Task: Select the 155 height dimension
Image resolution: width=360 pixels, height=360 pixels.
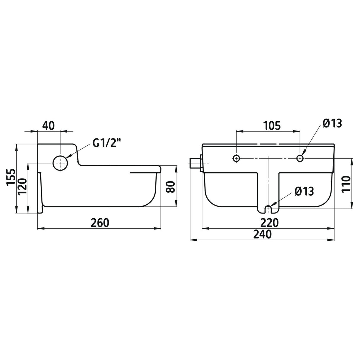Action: click(11, 177)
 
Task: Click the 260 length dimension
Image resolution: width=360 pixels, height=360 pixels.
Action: click(100, 223)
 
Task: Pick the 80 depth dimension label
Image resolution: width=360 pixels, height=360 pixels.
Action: click(171, 187)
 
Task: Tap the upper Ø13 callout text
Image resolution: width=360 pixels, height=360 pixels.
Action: click(332, 123)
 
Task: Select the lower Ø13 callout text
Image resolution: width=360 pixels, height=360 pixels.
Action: click(304, 191)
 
